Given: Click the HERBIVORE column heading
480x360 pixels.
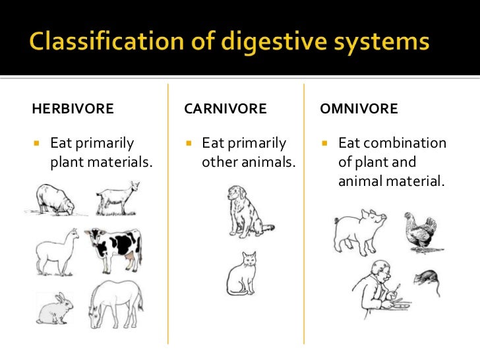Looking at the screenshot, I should click(x=73, y=109).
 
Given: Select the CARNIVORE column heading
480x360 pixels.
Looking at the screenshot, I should click(x=225, y=109).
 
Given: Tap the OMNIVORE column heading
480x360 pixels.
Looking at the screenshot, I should click(x=359, y=109).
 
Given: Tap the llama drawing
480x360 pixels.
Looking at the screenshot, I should click(x=55, y=251).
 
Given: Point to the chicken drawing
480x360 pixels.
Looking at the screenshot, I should click(x=421, y=232).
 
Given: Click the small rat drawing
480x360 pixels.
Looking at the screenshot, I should click(x=426, y=277).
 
